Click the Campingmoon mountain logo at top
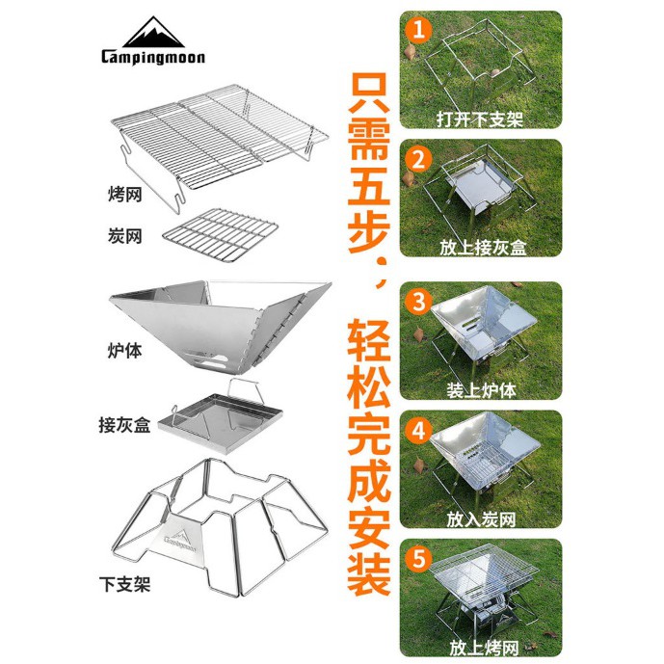[x=153, y=32]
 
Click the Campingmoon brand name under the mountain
[x=153, y=58]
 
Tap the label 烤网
[x=124, y=195]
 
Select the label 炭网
[x=124, y=236]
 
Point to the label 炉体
[x=124, y=351]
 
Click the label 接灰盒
[x=124, y=425]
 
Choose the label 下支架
[x=124, y=584]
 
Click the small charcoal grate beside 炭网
[x=220, y=235]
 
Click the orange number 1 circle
[x=418, y=31]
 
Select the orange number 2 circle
[x=418, y=160]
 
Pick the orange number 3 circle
[x=418, y=303]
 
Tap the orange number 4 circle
[x=418, y=431]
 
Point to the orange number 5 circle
[x=418, y=559]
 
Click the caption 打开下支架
[x=480, y=120]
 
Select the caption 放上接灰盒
[x=483, y=248]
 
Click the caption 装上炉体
[x=481, y=390]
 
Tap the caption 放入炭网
[x=481, y=519]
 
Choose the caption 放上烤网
[x=484, y=648]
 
